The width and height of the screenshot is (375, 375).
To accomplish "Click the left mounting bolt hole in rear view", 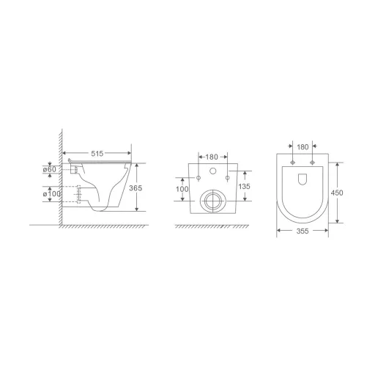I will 198,177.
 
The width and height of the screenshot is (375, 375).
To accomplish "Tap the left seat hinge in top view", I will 292,161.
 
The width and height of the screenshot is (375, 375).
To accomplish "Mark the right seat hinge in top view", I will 312,161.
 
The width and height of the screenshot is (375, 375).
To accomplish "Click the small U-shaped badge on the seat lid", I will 302,177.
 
